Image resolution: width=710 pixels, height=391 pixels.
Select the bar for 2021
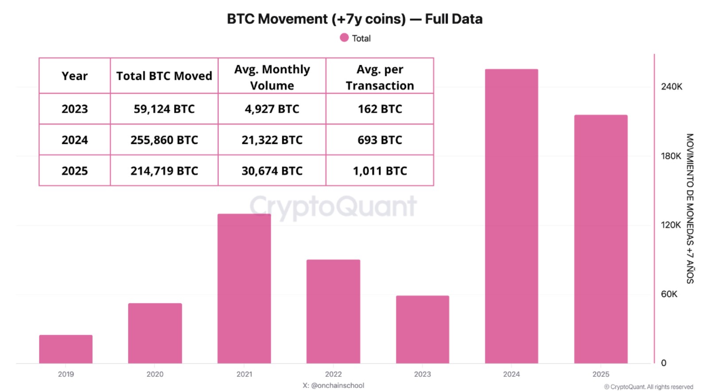click(x=244, y=288)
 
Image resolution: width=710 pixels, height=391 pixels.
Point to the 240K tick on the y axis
click(x=671, y=87)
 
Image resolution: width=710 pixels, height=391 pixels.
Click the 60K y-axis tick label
click(x=669, y=294)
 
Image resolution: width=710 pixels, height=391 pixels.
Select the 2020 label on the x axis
click(x=155, y=374)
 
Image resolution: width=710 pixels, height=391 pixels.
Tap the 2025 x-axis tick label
click(x=601, y=374)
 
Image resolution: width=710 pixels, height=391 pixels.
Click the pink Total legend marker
click(x=344, y=38)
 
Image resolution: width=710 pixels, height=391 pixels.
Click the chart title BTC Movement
click(x=354, y=19)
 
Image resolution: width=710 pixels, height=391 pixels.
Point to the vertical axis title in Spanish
click(x=690, y=208)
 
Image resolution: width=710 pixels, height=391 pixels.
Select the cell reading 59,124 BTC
click(x=164, y=109)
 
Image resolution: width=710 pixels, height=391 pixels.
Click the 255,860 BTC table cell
click(x=164, y=140)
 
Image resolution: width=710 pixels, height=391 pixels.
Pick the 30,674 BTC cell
click(x=272, y=171)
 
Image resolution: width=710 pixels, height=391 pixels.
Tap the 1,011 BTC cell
click(x=380, y=171)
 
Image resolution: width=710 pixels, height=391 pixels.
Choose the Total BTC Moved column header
click(x=164, y=76)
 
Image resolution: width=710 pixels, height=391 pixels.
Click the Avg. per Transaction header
click(x=380, y=77)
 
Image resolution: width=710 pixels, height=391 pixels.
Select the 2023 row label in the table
click(x=74, y=109)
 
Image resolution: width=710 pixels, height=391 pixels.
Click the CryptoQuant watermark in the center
click(x=333, y=206)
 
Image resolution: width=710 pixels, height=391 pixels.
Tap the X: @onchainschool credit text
click(x=333, y=385)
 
